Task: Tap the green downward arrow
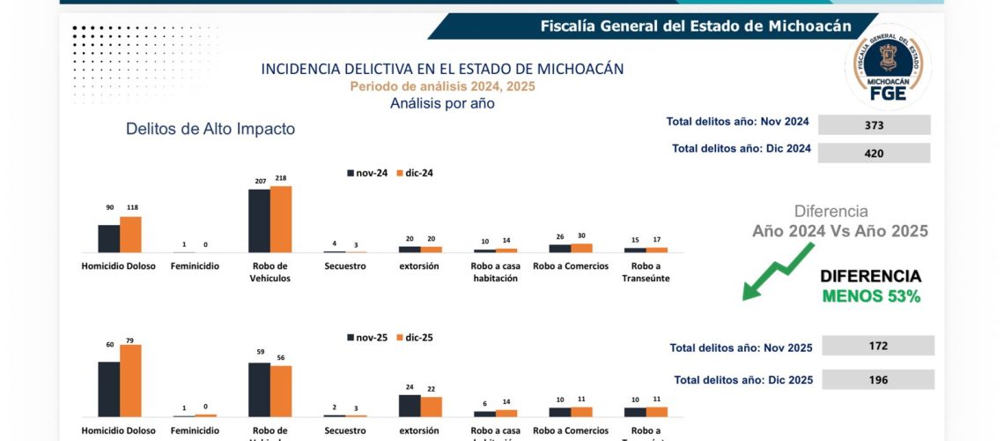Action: pos(777,272)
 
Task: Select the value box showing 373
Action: pos(874,125)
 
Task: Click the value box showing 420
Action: pos(874,153)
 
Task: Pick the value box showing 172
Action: pos(877,346)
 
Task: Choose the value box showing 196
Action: pos(877,379)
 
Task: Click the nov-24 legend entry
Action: pos(368,173)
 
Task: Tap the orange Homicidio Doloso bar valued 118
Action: pos(130,235)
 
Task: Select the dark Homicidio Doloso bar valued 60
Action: pos(108,389)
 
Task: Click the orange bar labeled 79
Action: pos(130,380)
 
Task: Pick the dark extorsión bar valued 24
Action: pos(410,405)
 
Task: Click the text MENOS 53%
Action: pos(871,297)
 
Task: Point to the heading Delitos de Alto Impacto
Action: pos(210,129)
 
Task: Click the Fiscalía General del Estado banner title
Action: pos(696,26)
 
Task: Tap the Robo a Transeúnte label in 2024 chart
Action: pos(646,272)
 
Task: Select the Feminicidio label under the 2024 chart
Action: pos(194,265)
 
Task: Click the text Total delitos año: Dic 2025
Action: pos(743,380)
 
